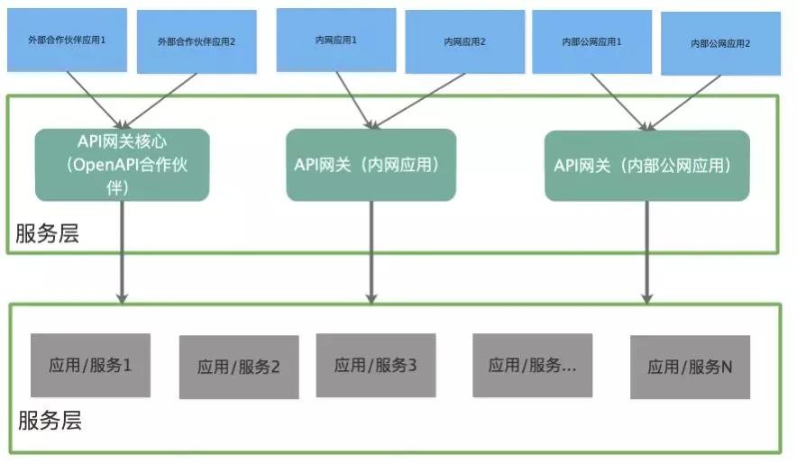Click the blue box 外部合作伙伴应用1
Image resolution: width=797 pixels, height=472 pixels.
(x=66, y=41)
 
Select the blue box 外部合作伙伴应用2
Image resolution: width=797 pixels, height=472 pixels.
(x=196, y=42)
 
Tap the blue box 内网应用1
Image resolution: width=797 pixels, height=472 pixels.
(x=335, y=41)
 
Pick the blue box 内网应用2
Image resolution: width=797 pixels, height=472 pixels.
(x=464, y=42)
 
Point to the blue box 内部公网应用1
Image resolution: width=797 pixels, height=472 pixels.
(x=591, y=41)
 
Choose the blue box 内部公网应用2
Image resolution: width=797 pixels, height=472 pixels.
(x=719, y=43)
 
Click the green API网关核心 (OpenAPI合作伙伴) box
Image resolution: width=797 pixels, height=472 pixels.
(x=122, y=164)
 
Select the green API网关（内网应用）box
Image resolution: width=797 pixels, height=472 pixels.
(x=371, y=164)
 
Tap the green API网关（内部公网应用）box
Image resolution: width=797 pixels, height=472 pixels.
(x=646, y=166)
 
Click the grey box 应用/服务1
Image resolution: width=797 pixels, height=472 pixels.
(x=90, y=365)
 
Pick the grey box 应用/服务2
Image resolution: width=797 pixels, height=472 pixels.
(x=239, y=367)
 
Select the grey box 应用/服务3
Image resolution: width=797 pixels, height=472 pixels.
(x=375, y=365)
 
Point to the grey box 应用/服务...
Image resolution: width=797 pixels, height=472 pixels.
(x=532, y=365)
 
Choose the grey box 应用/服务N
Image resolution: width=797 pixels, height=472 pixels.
(x=690, y=367)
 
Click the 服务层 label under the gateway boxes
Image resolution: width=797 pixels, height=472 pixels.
(x=48, y=234)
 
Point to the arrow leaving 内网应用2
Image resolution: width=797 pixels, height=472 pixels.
(x=419, y=99)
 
